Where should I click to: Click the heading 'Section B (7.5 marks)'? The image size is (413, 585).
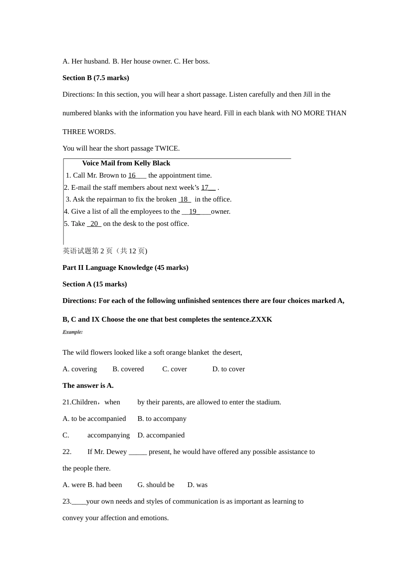click(x=96, y=78)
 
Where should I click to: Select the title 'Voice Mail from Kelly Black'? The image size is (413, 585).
click(x=126, y=163)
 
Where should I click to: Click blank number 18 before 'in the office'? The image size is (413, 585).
click(x=184, y=199)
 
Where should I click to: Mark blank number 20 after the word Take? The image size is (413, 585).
click(x=94, y=224)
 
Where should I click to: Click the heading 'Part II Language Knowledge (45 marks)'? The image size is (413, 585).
click(x=125, y=268)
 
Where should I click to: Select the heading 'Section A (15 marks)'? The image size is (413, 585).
click(x=94, y=284)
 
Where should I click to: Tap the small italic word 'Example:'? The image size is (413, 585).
click(x=72, y=332)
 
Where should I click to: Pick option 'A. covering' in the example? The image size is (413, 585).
click(x=80, y=369)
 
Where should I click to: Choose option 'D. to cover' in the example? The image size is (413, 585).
click(x=228, y=369)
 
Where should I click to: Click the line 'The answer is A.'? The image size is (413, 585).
click(x=88, y=386)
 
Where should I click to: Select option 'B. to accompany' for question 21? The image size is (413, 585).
click(x=162, y=419)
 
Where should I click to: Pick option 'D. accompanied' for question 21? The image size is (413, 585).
click(x=161, y=435)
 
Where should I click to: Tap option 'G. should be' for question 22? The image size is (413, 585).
click(x=156, y=485)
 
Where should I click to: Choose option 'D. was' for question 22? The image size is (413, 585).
click(x=197, y=485)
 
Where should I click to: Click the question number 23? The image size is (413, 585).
click(x=67, y=501)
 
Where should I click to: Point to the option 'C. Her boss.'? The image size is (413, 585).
click(x=192, y=61)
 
